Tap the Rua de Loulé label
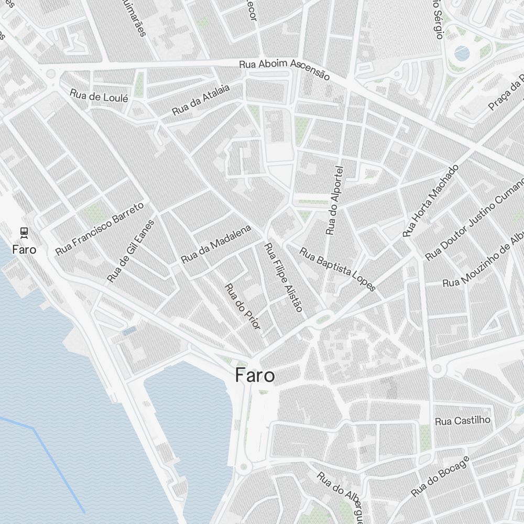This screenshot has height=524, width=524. (x=99, y=96)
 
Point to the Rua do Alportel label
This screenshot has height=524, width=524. (x=334, y=200)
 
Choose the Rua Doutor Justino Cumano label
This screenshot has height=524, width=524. (x=474, y=220)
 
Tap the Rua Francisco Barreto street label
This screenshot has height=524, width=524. (x=99, y=229)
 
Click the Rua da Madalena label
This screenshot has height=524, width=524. (x=216, y=244)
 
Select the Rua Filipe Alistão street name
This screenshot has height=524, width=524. (x=283, y=278)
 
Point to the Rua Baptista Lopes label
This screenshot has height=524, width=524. (x=337, y=269)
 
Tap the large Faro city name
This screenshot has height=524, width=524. (x=255, y=375)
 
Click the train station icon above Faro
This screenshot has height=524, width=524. (x=24, y=231)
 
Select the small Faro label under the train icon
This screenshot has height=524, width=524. (x=24, y=249)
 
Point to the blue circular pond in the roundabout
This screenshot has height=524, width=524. (x=462, y=52)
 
